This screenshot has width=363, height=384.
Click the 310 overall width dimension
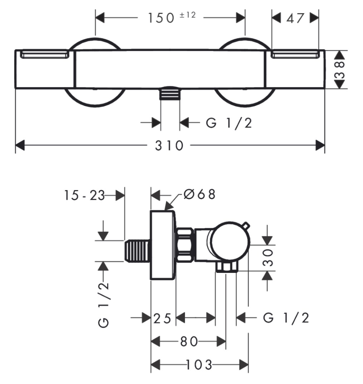tap(169, 145)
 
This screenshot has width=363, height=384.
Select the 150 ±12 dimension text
tap(171, 18)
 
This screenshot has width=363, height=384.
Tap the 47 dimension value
tap(295, 18)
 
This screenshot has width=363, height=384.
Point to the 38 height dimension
tap(340, 70)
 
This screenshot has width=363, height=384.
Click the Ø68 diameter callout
tap(200, 194)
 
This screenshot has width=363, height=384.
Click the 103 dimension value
tap(199, 365)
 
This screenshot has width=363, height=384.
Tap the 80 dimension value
tap(189, 341)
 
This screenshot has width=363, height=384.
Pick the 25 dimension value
tap(162, 318)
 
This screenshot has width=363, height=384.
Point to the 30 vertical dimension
tap(268, 258)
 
